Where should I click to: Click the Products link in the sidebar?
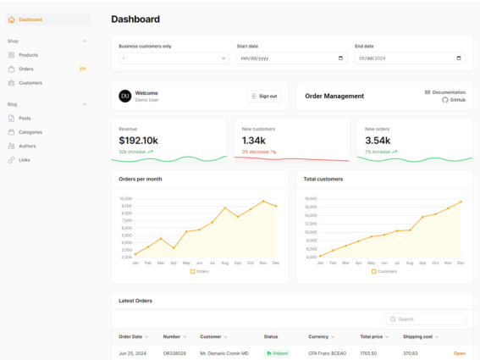[28, 55]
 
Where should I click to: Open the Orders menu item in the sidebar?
[26, 69]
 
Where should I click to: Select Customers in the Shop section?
[30, 83]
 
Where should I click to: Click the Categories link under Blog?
[30, 132]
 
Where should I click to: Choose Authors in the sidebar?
[27, 146]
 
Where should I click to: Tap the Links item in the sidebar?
[24, 159]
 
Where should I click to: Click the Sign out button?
[264, 97]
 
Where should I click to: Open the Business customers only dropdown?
[174, 58]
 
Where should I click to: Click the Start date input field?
[288, 58]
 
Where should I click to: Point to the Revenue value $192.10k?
[138, 141]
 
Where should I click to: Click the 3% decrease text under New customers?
[257, 152]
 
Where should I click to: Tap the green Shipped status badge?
[278, 353]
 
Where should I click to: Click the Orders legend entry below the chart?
[199, 272]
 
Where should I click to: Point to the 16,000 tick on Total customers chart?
[311, 207]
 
